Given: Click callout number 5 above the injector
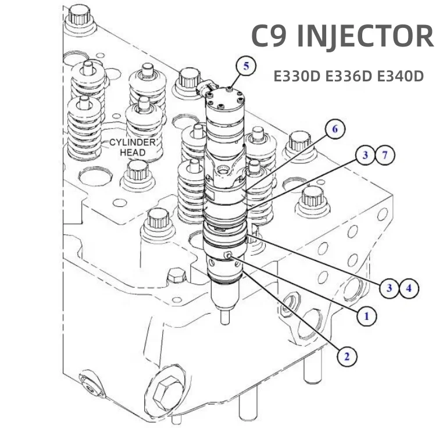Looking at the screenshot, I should (x=246, y=66).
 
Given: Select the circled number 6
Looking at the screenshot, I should (x=335, y=129).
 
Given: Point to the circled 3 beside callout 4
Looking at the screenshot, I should (x=390, y=287).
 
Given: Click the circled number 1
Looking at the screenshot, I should (x=367, y=316).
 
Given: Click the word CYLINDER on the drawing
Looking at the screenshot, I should (x=133, y=143).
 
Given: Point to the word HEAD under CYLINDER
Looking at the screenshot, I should (x=133, y=152).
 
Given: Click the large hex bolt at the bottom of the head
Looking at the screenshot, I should (x=167, y=389).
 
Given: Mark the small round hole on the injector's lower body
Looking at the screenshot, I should (x=229, y=256).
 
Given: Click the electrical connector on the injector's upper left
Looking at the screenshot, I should (x=203, y=88).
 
